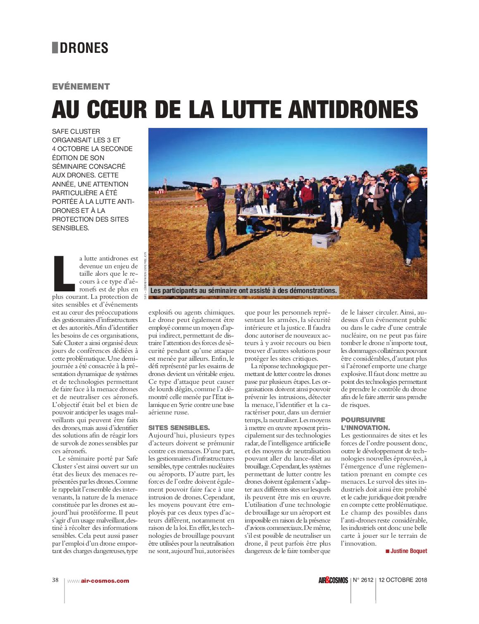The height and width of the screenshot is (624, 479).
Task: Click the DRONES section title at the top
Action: coord(84,48)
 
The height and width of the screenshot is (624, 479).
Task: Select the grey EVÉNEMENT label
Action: coord(81,87)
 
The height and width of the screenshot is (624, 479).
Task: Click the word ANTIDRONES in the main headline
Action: coord(353,109)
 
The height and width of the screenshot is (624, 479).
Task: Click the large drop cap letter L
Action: coord(64,273)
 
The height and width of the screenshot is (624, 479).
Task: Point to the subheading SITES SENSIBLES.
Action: coord(179,428)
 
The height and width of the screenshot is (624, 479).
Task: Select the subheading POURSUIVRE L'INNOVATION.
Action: coord(365,423)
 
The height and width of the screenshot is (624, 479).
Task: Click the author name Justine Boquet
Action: coord(408,551)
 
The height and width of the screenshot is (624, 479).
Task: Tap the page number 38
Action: coord(55,580)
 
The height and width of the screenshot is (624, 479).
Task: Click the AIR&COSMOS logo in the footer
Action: coord(333,580)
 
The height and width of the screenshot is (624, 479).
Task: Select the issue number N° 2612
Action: coord(363,580)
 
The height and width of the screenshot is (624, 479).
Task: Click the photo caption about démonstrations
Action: coord(244,291)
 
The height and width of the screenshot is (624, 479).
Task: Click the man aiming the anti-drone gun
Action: coord(214,219)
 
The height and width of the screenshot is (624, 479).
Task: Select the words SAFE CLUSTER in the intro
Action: coord(76,132)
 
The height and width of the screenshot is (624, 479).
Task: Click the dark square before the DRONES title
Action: coord(55,48)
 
